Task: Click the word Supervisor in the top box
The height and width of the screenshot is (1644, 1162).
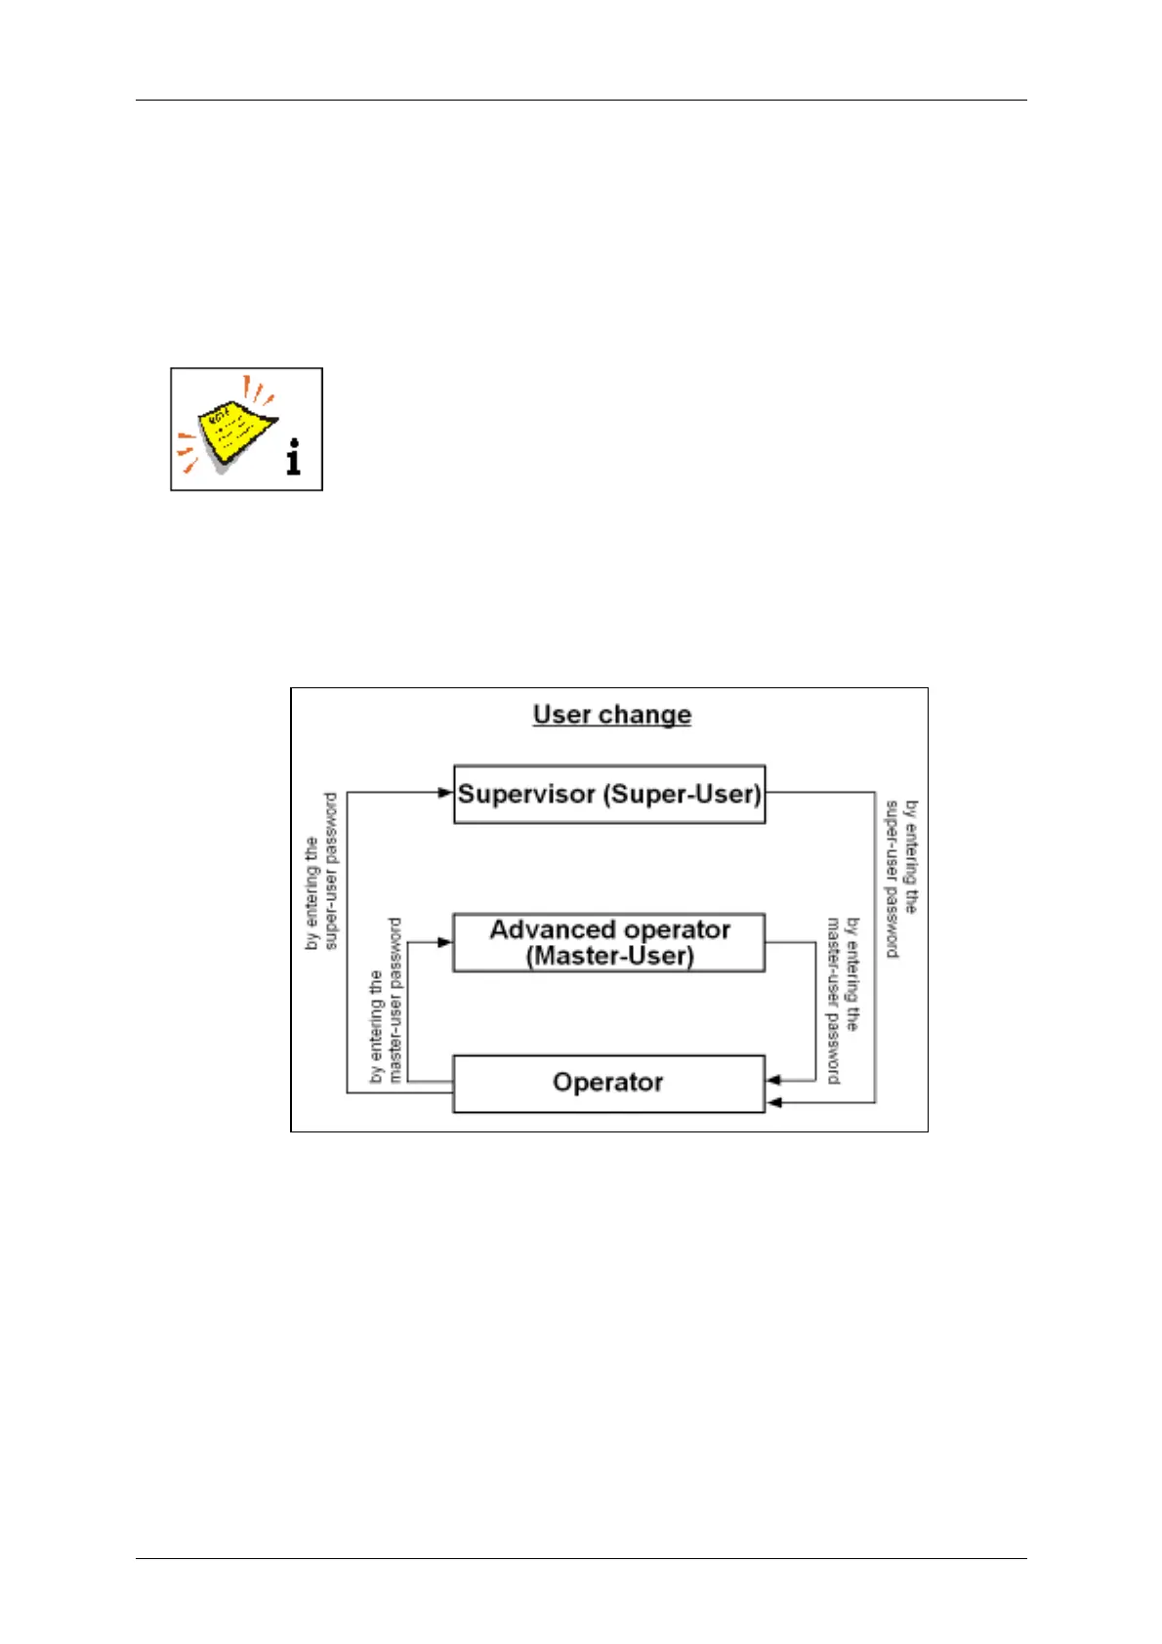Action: (526, 794)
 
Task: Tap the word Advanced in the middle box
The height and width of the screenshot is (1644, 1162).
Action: (552, 929)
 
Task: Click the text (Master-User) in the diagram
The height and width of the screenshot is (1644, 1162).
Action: (610, 956)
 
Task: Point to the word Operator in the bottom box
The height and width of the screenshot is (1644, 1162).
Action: (607, 1082)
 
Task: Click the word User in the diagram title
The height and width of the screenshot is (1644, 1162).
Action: (562, 715)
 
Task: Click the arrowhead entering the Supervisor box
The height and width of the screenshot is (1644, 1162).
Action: (446, 793)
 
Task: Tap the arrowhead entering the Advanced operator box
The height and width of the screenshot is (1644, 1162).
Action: (445, 942)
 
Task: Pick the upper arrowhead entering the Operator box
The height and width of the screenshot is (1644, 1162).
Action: (773, 1080)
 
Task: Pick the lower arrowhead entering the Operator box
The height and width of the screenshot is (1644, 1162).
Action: (773, 1102)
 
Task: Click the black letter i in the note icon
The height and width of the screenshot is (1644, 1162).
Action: (294, 457)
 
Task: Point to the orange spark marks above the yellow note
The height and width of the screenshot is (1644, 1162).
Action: (259, 390)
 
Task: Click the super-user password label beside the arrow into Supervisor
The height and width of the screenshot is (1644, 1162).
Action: (321, 871)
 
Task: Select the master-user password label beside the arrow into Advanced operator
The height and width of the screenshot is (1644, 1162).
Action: (386, 1001)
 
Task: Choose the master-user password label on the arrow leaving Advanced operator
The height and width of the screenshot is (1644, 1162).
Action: (843, 1001)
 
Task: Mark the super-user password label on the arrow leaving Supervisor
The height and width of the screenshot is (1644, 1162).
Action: (901, 879)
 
